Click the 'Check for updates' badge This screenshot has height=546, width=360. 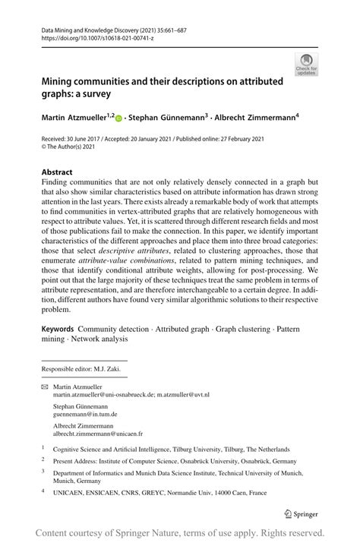coord(308,63)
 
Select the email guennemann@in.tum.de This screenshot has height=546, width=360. coord(88,416)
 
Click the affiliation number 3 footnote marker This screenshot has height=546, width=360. coord(43,471)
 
